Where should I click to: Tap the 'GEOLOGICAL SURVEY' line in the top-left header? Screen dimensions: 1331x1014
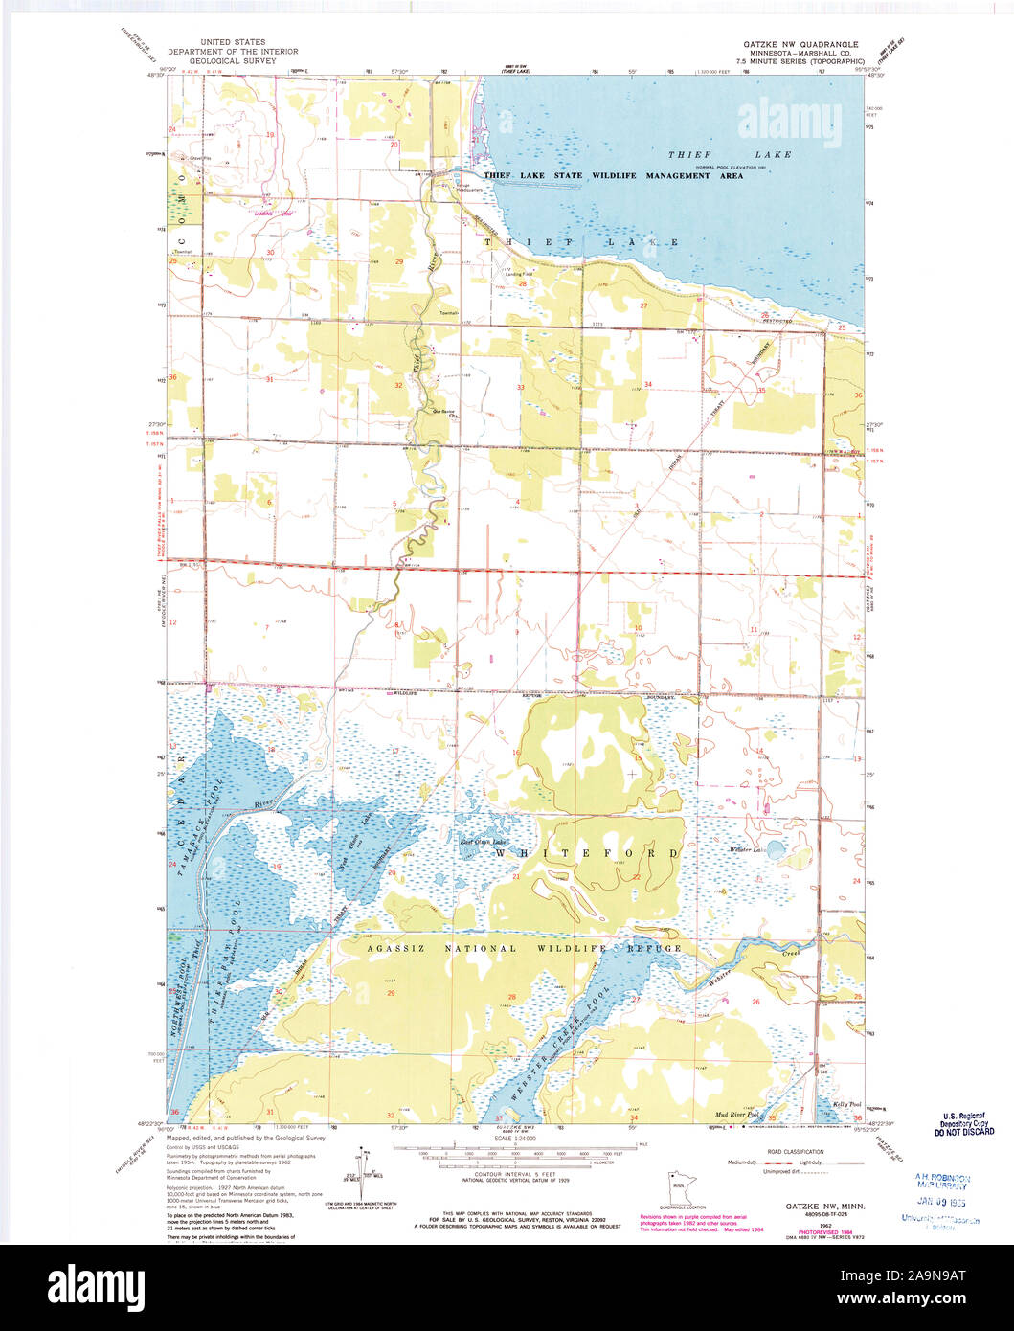click(233, 60)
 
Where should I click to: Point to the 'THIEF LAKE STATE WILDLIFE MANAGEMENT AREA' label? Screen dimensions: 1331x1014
click(613, 176)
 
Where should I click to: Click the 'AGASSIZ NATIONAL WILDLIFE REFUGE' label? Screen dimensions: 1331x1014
click(525, 948)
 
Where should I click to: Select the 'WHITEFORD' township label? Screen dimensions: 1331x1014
click(587, 852)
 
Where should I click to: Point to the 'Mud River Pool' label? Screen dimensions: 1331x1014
click(737, 1115)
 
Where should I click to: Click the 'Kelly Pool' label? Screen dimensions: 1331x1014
click(846, 1104)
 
